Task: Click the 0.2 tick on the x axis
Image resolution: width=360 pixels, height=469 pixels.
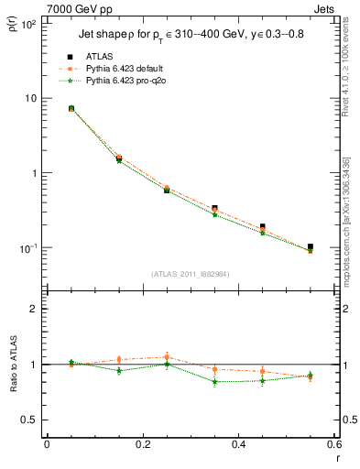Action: [x=142, y=444]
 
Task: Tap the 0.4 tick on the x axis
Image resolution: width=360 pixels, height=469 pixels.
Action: [x=238, y=444]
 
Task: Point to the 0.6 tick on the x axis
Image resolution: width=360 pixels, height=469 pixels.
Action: [x=333, y=444]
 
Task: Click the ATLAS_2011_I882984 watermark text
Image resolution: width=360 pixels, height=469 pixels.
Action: [x=190, y=273]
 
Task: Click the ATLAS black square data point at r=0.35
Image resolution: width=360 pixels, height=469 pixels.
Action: [x=214, y=209]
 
